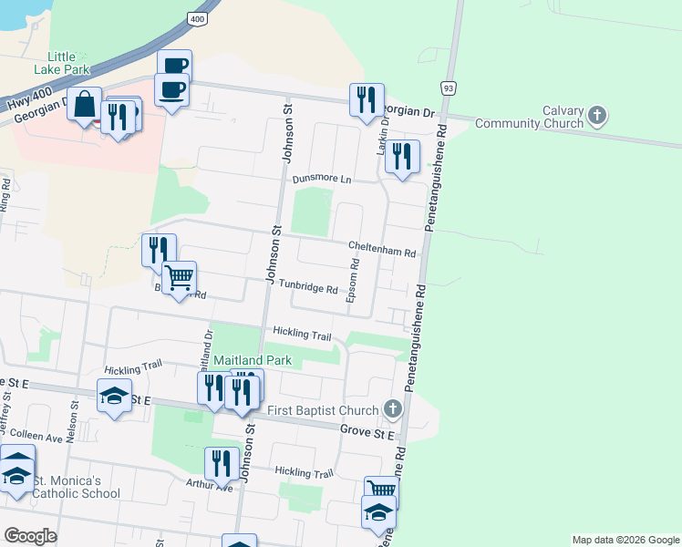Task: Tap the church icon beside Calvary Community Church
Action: click(597, 116)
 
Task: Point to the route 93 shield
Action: click(448, 88)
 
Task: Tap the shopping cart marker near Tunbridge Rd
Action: click(180, 277)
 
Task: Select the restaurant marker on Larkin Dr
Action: click(402, 157)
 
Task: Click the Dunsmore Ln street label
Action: click(321, 180)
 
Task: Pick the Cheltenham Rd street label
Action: click(382, 247)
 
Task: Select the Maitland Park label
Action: click(253, 360)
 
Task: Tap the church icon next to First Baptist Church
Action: click(393, 408)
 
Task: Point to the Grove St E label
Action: click(367, 429)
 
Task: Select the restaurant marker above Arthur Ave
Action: click(222, 462)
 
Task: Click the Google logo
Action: click(30, 535)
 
